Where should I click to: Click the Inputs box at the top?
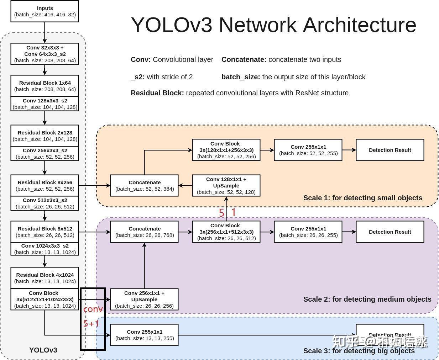pos(45,11)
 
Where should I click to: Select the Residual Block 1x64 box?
pos(45,86)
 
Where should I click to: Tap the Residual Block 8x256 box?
pos(45,185)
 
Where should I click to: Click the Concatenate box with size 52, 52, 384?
pos(144,185)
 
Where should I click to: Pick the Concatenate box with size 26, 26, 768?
pos(144,232)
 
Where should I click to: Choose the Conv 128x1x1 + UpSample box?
pos(226,185)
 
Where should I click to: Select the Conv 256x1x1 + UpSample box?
pos(144,299)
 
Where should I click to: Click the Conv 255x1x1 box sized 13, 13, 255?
pos(144,335)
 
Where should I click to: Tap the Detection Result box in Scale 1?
pos(390,150)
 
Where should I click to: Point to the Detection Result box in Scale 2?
pos(390,232)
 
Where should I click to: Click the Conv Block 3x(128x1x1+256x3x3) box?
pos(226,150)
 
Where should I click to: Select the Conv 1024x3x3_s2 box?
pos(45,249)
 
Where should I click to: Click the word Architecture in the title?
pos(360,25)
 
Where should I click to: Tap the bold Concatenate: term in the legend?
pos(244,59)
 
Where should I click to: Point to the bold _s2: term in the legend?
pos(137,77)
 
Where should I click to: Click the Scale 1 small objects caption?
pos(362,198)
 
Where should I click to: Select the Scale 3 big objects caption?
pos(359,351)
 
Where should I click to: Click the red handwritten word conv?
pos(93,309)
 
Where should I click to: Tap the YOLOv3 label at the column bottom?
pos(43,350)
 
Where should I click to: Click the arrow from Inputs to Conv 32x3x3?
pos(45,32)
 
